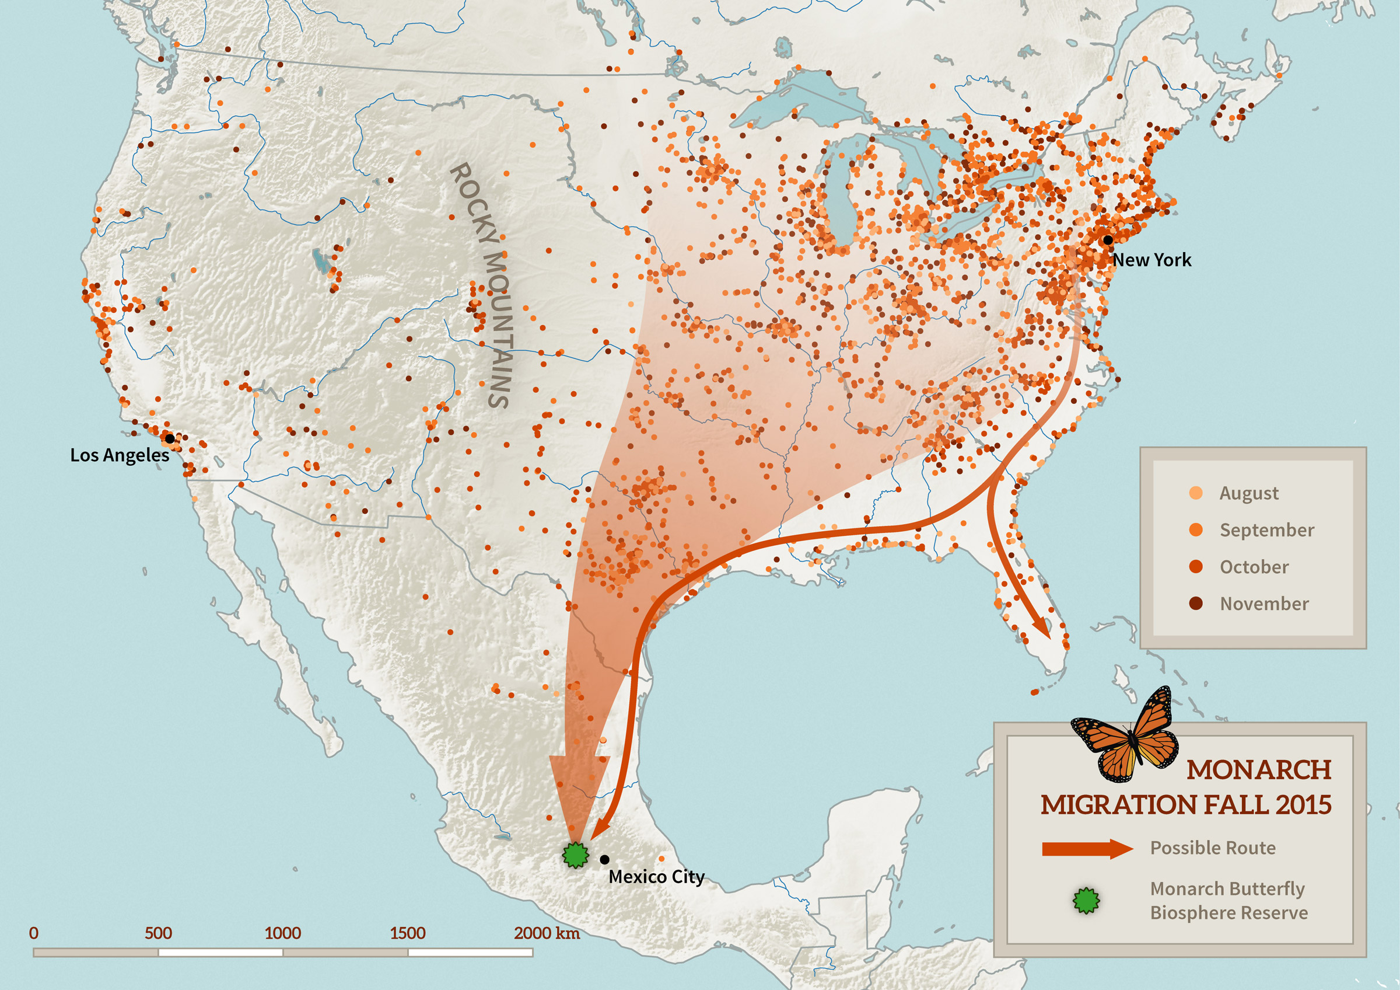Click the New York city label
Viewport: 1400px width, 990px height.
(x=1151, y=260)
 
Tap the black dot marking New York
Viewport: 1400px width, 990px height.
(x=1107, y=240)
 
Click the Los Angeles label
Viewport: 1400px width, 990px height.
(x=120, y=455)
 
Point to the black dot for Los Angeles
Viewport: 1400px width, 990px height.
(x=170, y=438)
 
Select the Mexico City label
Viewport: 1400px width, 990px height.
(x=656, y=877)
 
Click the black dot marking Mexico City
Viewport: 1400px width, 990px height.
(x=604, y=859)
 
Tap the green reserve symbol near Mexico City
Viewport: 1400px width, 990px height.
(x=575, y=855)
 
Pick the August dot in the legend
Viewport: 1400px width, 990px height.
(x=1196, y=493)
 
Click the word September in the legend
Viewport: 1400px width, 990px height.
(x=1266, y=530)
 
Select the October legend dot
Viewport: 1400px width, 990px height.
(x=1196, y=567)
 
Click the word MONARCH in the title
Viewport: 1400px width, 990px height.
(x=1258, y=771)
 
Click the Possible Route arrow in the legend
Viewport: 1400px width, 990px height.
(x=1087, y=849)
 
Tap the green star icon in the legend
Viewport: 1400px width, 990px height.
(x=1086, y=900)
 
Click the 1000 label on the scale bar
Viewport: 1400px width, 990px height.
(x=282, y=933)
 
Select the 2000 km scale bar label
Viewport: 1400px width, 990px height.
(x=547, y=933)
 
